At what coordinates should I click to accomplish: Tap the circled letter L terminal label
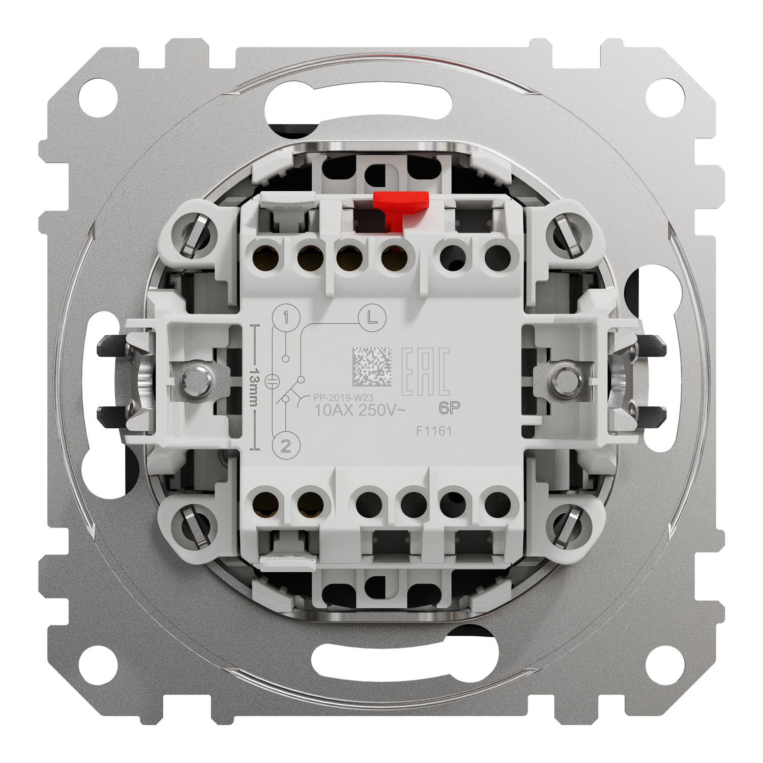click(x=372, y=317)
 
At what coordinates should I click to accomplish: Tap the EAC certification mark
click(x=426, y=372)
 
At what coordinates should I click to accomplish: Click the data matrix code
click(x=372, y=367)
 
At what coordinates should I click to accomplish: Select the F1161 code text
click(x=434, y=431)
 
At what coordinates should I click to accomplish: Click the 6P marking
click(x=449, y=407)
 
